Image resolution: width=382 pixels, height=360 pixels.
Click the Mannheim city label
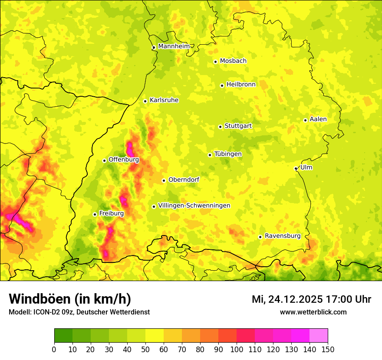click(174, 46)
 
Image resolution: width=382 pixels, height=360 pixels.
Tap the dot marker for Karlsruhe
click(145, 101)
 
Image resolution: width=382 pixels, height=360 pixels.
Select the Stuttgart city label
click(238, 126)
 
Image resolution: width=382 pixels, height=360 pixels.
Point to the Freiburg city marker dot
click(95, 214)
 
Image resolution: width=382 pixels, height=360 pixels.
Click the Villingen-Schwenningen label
click(194, 206)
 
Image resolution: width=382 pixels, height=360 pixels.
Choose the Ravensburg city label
click(283, 236)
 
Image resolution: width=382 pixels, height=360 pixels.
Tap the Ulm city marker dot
click(296, 168)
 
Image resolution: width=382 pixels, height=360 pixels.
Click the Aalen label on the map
click(318, 119)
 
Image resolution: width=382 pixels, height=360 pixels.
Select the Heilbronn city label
click(241, 85)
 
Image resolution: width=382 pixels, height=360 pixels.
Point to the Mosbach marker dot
click(215, 62)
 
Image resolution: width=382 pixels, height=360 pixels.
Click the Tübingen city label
click(228, 154)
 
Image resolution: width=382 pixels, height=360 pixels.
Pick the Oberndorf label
click(184, 180)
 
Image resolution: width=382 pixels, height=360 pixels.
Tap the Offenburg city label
click(124, 160)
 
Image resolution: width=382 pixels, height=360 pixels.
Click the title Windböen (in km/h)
click(70, 299)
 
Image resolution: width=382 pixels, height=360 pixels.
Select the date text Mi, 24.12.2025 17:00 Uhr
click(311, 299)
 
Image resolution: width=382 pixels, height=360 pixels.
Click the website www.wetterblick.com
click(313, 312)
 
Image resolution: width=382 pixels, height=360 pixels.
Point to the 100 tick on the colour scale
click(237, 349)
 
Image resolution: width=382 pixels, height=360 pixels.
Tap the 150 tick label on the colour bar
click(328, 349)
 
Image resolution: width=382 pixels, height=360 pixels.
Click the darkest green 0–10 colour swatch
click(63, 336)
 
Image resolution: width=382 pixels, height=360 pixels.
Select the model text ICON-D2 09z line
click(79, 312)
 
